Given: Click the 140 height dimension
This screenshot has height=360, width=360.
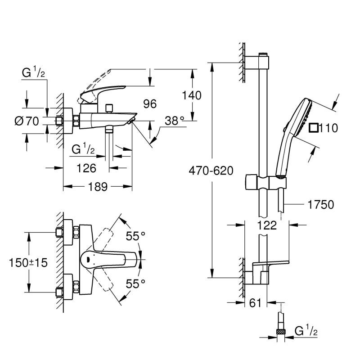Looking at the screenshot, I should pyautogui.click(x=192, y=95).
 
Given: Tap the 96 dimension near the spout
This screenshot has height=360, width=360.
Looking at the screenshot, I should pyautogui.click(x=149, y=104).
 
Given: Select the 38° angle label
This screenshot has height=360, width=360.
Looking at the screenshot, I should pyautogui.click(x=174, y=121).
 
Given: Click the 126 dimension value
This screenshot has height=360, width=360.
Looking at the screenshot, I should pyautogui.click(x=86, y=168).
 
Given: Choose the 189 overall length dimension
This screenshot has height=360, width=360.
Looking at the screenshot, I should pyautogui.click(x=97, y=187).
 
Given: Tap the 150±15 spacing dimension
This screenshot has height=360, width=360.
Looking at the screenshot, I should pyautogui.click(x=28, y=263).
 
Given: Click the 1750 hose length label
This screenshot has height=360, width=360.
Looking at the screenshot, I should pyautogui.click(x=320, y=205).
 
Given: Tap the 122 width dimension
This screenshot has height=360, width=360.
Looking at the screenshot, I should pyautogui.click(x=267, y=226).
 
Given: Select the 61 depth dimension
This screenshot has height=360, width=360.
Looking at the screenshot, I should pyautogui.click(x=256, y=304).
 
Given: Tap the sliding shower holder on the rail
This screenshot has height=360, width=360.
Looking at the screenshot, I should pyautogui.click(x=265, y=183).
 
